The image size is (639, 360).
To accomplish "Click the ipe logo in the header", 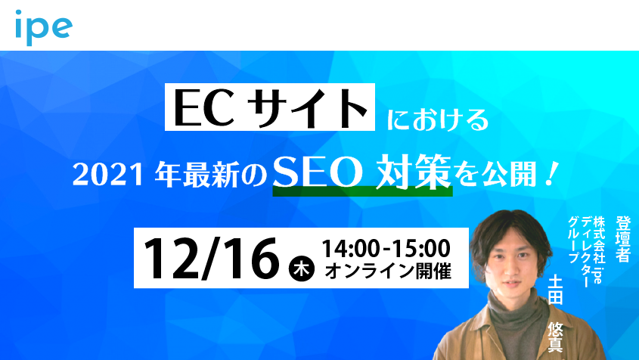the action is point(44,27).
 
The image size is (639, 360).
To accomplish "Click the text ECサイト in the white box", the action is point(270,107).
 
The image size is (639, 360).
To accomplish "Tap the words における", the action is point(438,119).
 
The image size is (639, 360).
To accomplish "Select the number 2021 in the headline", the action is point(108,175).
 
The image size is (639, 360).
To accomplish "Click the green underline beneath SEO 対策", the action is point(362,191).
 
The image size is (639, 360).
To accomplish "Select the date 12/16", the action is point(211,259).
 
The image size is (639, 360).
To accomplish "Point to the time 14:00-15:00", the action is point(386,248).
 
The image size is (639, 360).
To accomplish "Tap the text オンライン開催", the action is point(388,271).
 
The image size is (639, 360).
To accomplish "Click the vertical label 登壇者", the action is point(623,239).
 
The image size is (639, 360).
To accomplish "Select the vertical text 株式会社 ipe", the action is point(599,250).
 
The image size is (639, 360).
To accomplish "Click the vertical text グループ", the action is point(574,241).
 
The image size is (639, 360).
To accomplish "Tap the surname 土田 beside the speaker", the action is point(555,290).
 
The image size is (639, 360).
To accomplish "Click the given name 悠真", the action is point(555,337).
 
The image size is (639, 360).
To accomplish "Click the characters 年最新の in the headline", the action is point(210,175).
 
